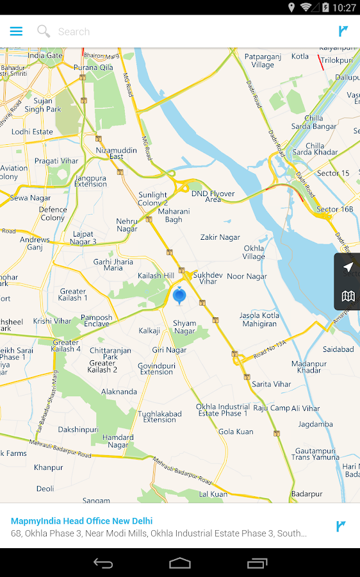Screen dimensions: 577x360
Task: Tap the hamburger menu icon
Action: coord(16,31)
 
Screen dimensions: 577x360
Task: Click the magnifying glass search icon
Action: coord(44,31)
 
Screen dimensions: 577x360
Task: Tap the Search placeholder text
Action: coord(74,31)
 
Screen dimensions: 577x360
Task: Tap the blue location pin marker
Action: coord(179,296)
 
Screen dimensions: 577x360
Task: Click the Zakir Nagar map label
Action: coord(220,237)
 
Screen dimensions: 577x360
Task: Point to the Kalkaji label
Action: coord(149,331)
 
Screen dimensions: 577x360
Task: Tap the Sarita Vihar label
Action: coord(271,384)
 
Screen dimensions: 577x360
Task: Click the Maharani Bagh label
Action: coord(174,215)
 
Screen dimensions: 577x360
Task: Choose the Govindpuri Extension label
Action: coord(156,369)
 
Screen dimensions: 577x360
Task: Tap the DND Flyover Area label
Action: coord(213,196)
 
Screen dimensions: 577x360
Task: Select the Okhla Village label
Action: coord(254,253)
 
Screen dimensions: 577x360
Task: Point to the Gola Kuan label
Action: coord(236,432)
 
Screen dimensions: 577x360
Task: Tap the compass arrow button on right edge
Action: coord(348,267)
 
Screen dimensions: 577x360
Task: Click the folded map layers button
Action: coord(348,296)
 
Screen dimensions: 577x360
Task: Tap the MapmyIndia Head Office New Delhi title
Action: coord(82,521)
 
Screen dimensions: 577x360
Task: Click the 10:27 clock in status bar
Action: coord(345,8)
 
